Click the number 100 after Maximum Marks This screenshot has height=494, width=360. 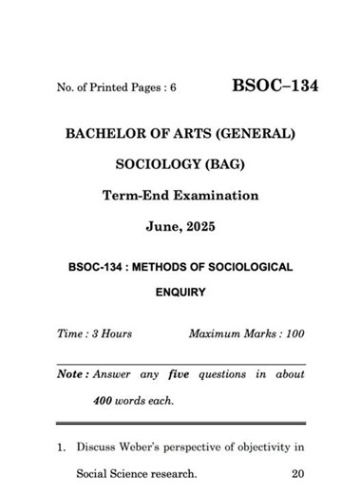[x=292, y=334]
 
